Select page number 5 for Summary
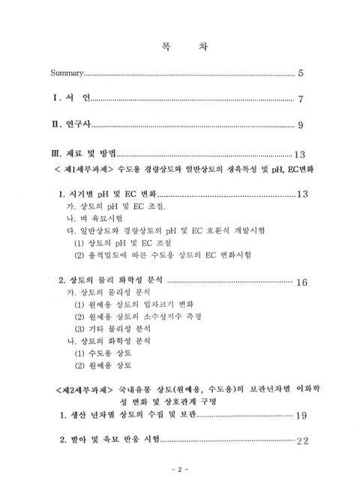[x=300, y=74]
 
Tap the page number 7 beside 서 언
[x=300, y=99]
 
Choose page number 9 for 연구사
[x=300, y=125]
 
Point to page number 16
[x=302, y=282]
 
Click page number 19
[x=302, y=415]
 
